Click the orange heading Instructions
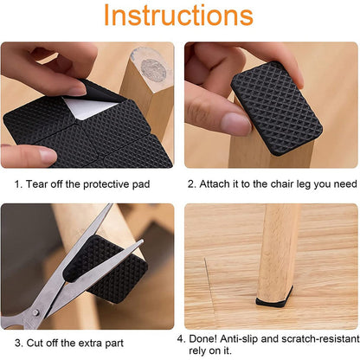179,16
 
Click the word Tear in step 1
41,183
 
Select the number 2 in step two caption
192,183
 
